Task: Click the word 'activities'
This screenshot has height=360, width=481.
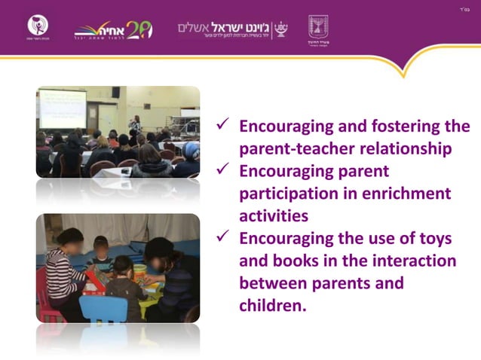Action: [x=274, y=217]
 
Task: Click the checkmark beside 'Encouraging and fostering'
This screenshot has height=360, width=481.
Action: [x=224, y=126]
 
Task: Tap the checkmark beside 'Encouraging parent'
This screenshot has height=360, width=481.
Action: [x=224, y=171]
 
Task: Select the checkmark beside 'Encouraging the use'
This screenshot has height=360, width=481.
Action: [x=224, y=239]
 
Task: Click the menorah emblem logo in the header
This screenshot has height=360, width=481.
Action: [x=317, y=28]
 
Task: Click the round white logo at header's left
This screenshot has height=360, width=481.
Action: [x=38, y=26]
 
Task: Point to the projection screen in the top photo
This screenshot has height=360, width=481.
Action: [x=62, y=108]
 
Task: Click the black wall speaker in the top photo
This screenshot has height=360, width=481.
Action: [x=115, y=93]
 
